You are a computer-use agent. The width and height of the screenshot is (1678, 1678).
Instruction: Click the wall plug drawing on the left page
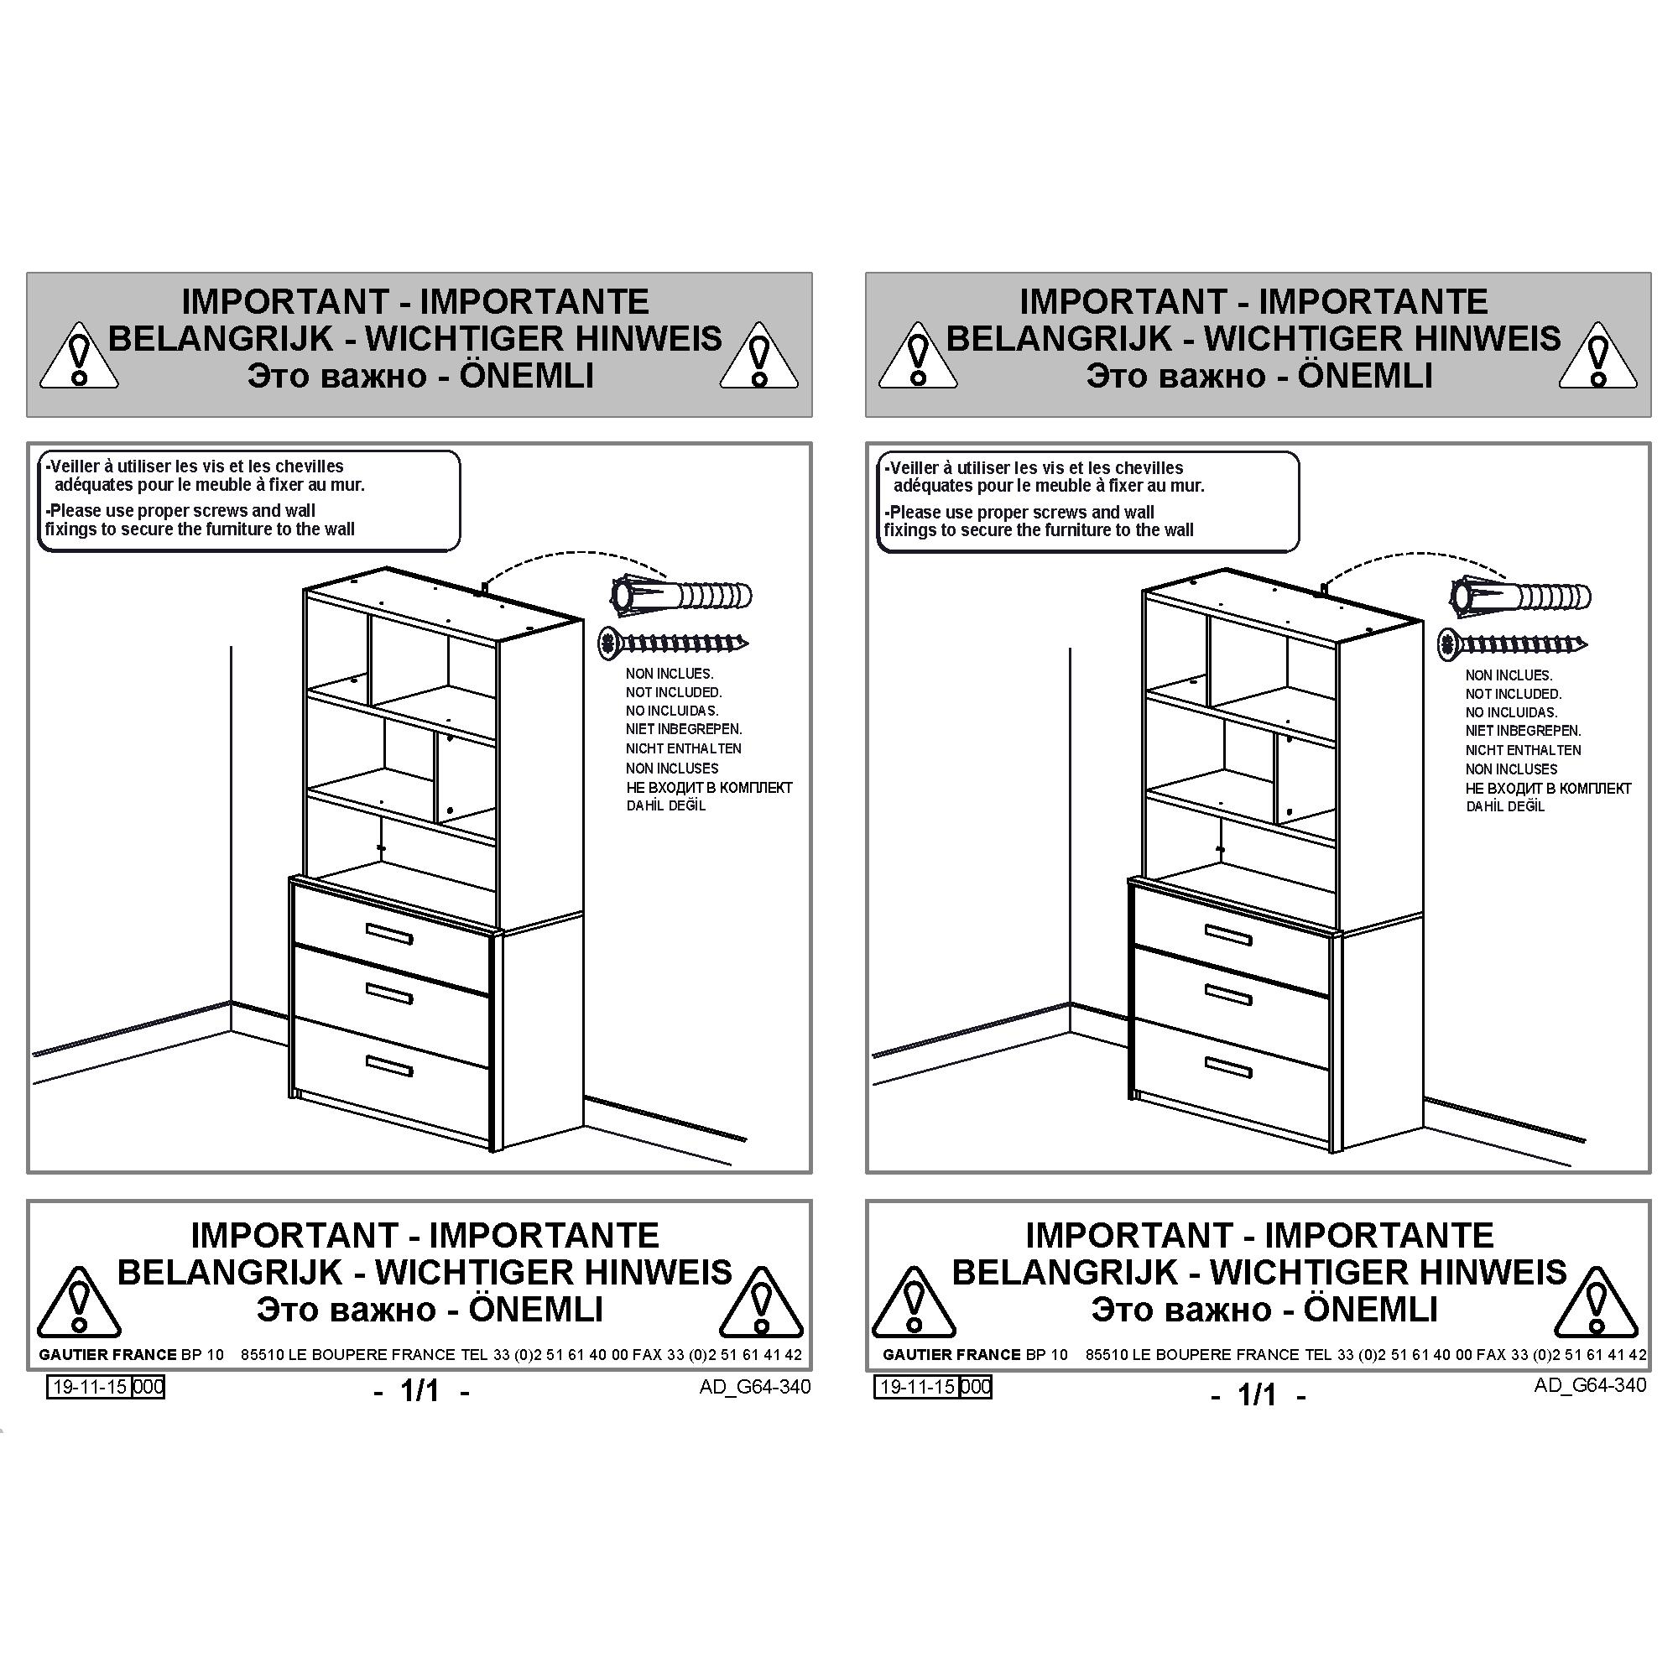[682, 596]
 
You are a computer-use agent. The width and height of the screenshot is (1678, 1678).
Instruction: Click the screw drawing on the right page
[1512, 644]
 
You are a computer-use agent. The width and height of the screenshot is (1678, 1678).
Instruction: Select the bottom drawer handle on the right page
[1228, 1067]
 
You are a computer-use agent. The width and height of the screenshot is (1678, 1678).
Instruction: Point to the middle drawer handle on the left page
[389, 993]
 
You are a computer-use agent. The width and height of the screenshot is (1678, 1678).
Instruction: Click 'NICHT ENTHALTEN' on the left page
[684, 748]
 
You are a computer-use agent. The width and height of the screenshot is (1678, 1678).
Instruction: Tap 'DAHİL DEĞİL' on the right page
[1505, 807]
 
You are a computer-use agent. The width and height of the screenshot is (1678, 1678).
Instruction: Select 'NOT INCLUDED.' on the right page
[1513, 694]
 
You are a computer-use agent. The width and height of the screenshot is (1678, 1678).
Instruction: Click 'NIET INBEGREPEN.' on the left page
[684, 730]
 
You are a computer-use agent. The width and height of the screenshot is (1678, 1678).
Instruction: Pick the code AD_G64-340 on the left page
[755, 1387]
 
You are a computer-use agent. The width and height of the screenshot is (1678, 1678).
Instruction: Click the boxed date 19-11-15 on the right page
[916, 1387]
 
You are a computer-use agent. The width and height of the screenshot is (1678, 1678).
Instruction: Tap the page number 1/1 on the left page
[420, 1391]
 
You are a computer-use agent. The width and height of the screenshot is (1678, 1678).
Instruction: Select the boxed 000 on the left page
[148, 1387]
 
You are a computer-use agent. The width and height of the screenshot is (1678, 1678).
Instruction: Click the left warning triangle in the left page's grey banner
[79, 355]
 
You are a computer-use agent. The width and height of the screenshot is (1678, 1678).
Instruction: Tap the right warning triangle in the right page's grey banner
[1598, 355]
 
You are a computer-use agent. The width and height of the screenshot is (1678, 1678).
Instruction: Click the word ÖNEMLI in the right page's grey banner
[1364, 376]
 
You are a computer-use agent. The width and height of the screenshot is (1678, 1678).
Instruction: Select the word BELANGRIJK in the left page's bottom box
[230, 1274]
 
